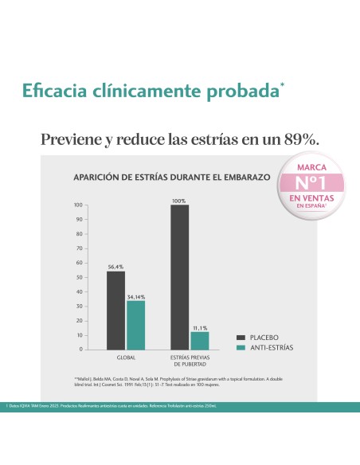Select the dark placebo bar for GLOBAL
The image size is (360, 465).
[116, 310]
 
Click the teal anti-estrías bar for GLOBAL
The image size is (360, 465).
[135, 324]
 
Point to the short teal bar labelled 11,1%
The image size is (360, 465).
[199, 340]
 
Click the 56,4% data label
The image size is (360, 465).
[116, 266]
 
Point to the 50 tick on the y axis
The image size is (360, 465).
[79, 277]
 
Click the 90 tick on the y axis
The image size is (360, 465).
[79, 219]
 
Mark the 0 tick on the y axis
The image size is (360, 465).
[80, 350]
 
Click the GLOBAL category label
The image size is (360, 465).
[126, 358]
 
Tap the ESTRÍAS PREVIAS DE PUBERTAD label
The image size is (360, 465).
[190, 361]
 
